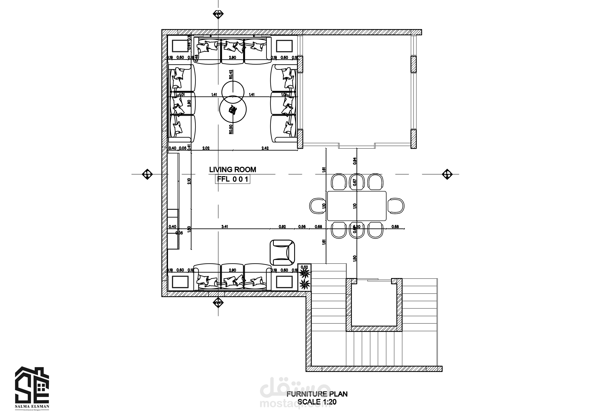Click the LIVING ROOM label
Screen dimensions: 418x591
[x=232, y=170]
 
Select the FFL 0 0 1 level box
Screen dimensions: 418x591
[x=232, y=179]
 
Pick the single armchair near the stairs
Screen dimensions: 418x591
[x=282, y=252]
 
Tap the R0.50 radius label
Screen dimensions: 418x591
[x=231, y=129]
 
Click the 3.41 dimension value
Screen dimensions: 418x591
[x=225, y=227]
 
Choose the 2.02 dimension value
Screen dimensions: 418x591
[x=206, y=148]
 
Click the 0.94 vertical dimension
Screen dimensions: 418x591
[x=355, y=161]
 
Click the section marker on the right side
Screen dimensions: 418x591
[x=447, y=174]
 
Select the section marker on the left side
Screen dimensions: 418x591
[x=147, y=174]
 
